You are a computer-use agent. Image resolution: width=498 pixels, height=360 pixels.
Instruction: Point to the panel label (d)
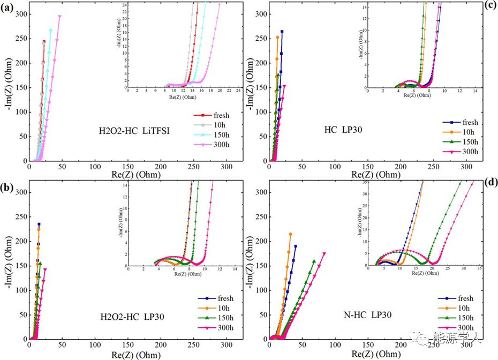click(491, 182)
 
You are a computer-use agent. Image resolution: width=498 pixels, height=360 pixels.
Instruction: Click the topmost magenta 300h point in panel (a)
click(60, 16)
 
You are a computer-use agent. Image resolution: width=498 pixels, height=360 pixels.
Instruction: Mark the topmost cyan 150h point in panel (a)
click(51, 29)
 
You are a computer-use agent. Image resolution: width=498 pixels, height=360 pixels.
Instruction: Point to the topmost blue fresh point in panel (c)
click(282, 32)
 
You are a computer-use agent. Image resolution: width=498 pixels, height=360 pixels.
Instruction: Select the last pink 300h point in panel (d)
click(324, 253)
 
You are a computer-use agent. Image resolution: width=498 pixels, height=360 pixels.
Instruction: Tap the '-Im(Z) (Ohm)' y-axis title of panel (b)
click(7, 265)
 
